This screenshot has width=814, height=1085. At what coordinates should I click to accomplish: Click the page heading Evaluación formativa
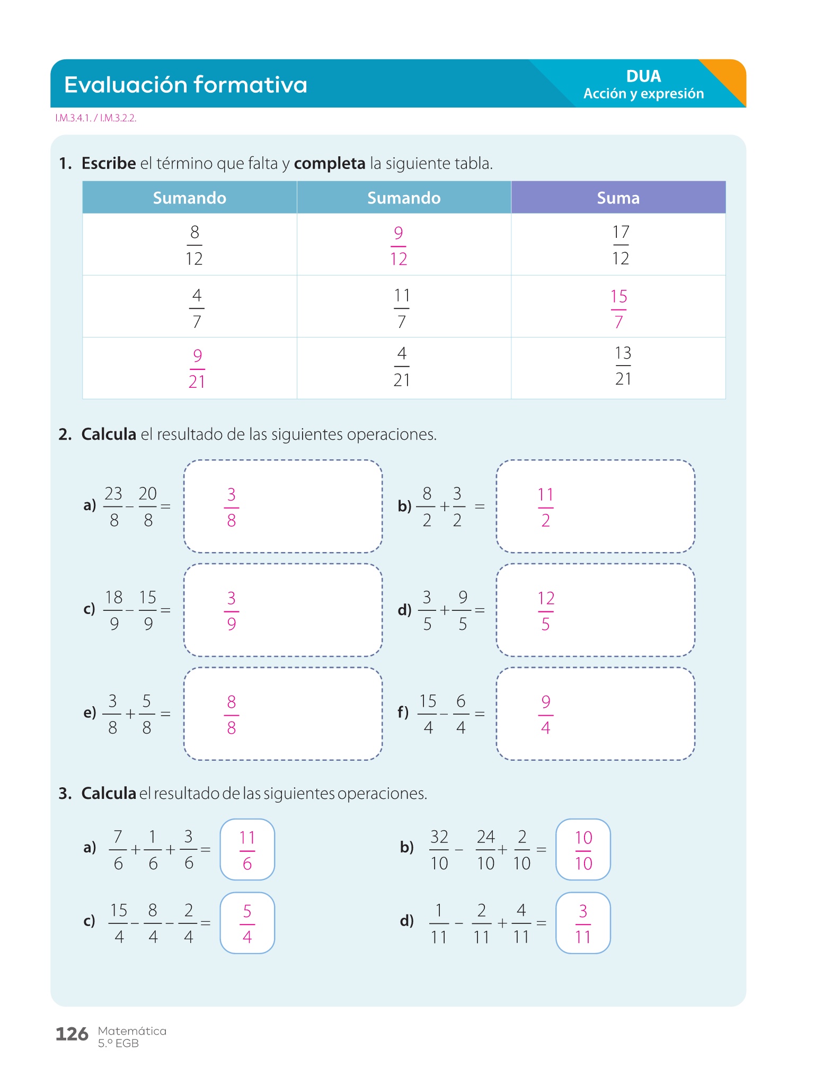(185, 85)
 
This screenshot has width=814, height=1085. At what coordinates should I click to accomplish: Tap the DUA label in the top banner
(643, 76)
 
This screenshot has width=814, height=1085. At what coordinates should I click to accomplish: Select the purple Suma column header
(618, 198)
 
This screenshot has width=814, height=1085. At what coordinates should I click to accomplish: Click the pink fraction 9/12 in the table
(399, 246)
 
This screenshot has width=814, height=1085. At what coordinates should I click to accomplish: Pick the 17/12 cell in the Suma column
(621, 245)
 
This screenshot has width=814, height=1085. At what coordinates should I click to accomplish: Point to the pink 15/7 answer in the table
(618, 309)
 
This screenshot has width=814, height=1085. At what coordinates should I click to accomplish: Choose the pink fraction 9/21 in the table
(197, 369)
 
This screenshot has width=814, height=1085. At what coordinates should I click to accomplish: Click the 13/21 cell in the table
(623, 366)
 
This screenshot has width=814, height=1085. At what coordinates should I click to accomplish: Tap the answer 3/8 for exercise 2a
(232, 507)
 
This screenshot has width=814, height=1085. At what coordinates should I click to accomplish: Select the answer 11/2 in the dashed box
(545, 507)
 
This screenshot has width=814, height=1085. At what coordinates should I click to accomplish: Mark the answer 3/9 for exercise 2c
(232, 611)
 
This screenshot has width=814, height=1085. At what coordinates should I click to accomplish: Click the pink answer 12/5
(546, 611)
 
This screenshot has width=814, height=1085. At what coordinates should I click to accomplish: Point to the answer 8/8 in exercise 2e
(232, 715)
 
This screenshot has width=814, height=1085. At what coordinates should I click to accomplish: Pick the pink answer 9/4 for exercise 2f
(546, 715)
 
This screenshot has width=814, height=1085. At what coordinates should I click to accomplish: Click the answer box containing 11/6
(247, 850)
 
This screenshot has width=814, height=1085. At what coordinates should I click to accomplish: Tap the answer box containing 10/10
(583, 850)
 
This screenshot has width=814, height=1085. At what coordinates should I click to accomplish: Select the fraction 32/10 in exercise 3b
(439, 850)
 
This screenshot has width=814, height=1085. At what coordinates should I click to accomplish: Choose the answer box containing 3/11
(583, 923)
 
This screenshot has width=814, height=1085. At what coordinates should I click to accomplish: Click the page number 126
(72, 1034)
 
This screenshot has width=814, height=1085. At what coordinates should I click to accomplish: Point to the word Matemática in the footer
(132, 1031)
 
